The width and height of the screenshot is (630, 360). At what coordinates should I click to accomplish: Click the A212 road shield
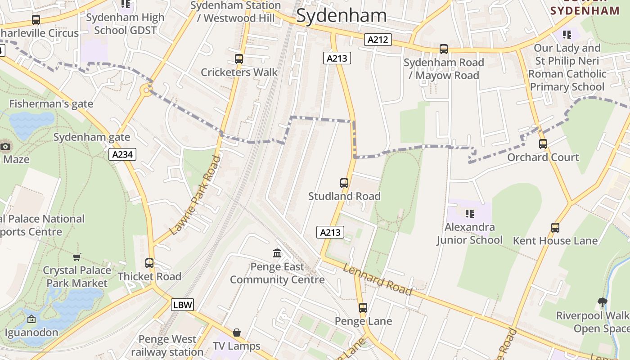coord(378,40)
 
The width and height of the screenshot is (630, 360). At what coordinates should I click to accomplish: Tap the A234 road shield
coord(122,155)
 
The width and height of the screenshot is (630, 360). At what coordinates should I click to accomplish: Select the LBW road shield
coord(183,305)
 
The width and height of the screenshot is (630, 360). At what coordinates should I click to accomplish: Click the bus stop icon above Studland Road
coord(344,183)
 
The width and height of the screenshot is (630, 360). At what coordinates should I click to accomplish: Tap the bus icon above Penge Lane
coord(363,308)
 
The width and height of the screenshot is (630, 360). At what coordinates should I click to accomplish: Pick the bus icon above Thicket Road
coord(149,263)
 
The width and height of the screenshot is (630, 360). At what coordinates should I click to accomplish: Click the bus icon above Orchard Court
coord(543,144)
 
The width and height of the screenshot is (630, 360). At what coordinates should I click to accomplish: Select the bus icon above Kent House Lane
coord(555,228)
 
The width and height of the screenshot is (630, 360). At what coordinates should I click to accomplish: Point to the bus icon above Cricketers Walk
coord(239,59)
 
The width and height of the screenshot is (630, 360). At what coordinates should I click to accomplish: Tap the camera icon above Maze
coord(5,146)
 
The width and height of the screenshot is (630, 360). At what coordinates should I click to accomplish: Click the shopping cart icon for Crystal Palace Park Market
coord(77,257)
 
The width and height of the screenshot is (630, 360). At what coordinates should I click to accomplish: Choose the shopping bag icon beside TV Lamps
coord(237,333)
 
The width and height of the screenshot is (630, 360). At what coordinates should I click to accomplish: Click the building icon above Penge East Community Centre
coord(277,253)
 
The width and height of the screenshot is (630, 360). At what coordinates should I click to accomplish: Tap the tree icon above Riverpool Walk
coord(602,302)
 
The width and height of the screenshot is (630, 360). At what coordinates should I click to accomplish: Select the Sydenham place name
coord(342,16)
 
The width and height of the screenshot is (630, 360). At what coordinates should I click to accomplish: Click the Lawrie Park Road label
coord(196,195)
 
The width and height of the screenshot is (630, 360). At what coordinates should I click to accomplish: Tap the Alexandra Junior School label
coord(469,234)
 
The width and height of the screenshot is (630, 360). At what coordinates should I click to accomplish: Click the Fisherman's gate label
coord(51,104)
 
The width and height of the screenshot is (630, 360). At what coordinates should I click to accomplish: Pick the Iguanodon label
coord(31,333)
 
